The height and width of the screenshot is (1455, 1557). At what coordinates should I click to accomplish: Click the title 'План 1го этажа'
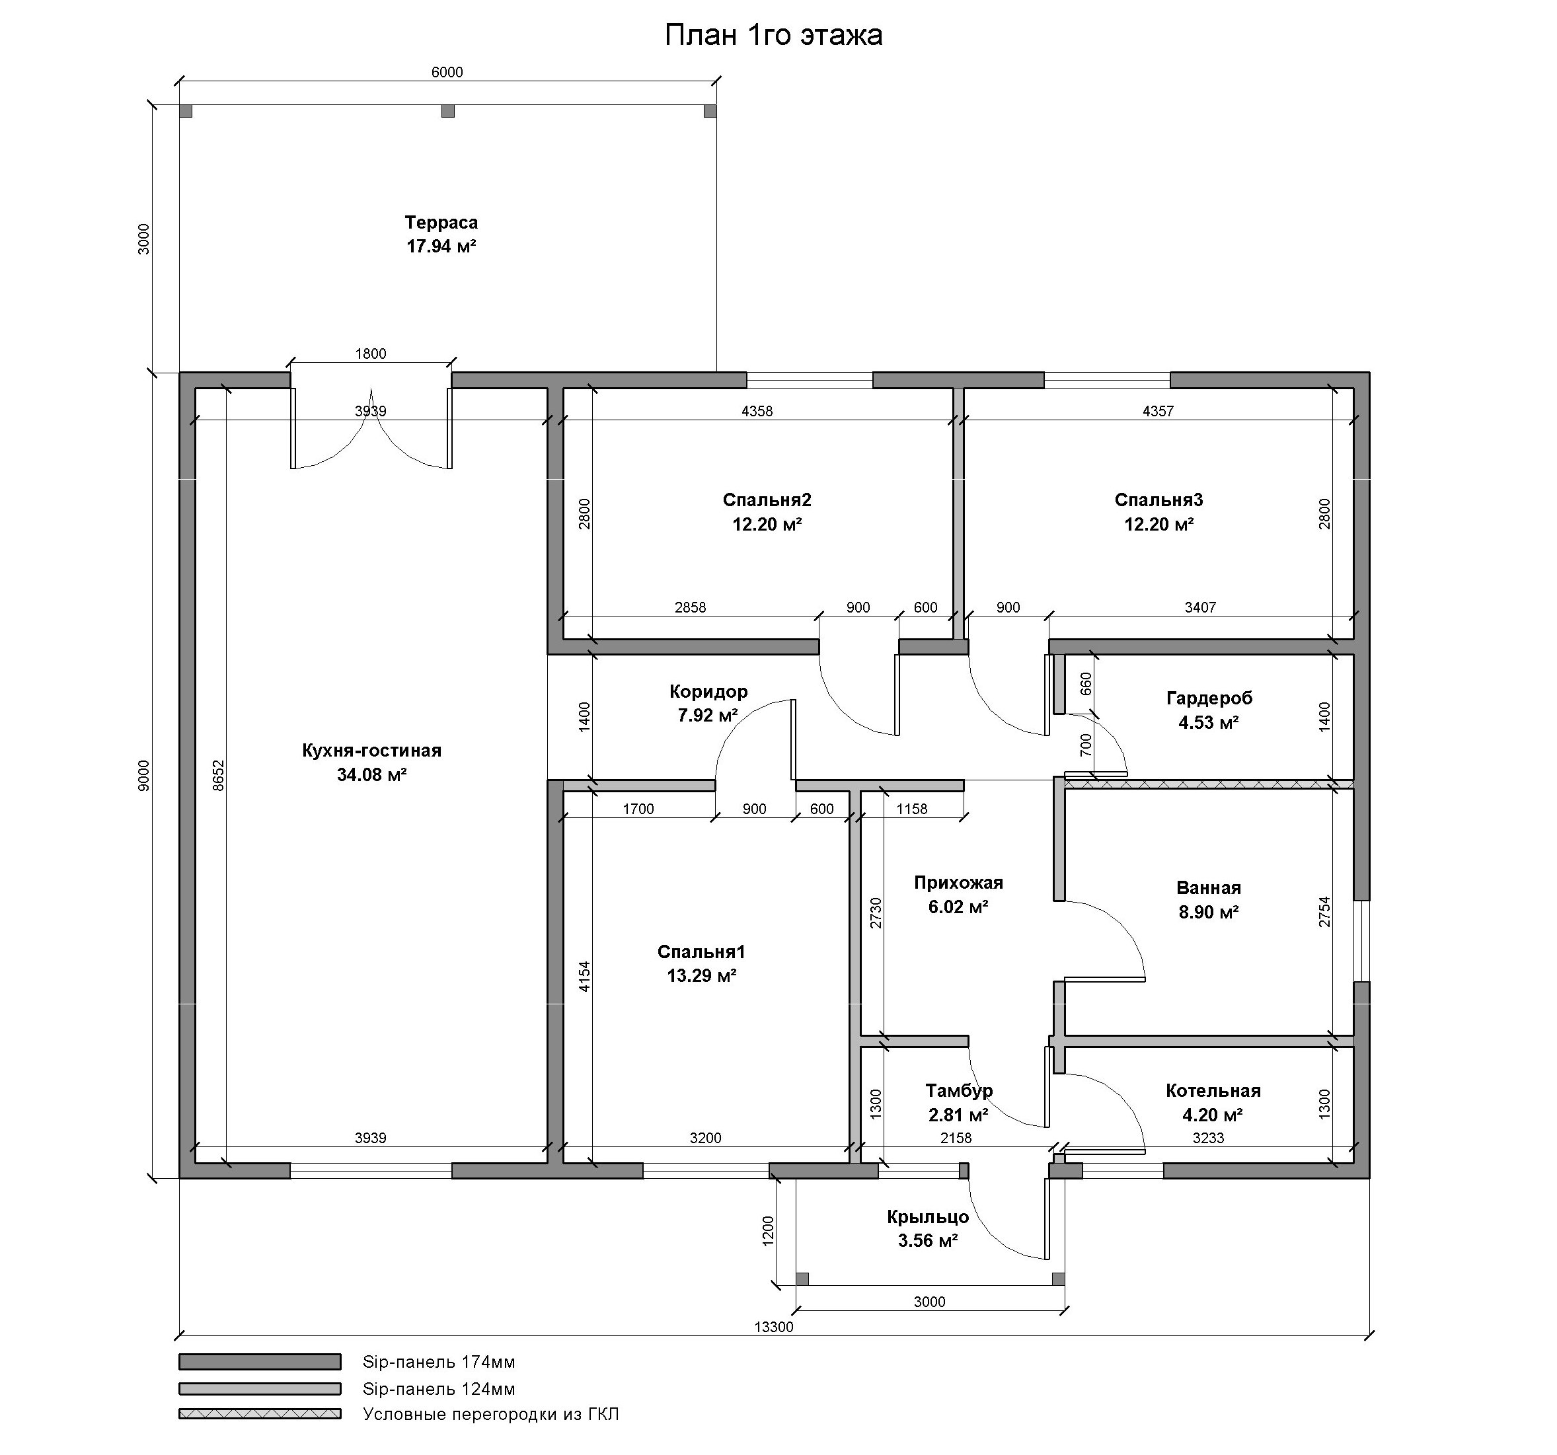point(773,35)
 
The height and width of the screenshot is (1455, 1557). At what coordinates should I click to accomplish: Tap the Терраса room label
point(441,223)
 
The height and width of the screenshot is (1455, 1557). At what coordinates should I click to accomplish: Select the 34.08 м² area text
point(371,774)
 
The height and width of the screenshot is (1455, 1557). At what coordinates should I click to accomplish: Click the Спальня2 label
point(767,500)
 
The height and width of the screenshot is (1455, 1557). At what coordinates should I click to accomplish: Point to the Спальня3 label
point(1158,500)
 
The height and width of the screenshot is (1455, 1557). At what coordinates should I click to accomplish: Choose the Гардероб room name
point(1209,698)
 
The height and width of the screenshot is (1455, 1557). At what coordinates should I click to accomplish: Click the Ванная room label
point(1209,888)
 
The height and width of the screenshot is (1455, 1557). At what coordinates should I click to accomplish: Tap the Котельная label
point(1213,1091)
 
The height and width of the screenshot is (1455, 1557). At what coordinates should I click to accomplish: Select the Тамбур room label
point(959,1091)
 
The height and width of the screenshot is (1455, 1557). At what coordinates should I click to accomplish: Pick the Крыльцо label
point(928,1217)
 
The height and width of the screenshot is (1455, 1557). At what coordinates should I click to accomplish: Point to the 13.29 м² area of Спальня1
point(701,976)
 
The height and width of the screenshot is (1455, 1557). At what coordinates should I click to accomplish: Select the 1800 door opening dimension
point(371,354)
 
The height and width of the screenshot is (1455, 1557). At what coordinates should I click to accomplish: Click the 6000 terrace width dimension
point(447,73)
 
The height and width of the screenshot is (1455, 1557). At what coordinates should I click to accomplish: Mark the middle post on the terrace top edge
point(448,111)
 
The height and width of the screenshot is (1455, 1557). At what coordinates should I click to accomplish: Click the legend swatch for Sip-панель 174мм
point(260,1362)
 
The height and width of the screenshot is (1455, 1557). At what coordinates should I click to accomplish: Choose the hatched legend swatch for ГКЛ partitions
point(260,1414)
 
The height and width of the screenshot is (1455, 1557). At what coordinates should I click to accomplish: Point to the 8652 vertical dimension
point(219,775)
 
